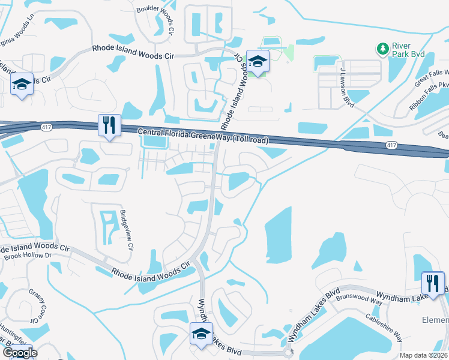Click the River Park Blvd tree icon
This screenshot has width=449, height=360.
(381, 48)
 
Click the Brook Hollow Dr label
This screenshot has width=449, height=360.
(28, 256)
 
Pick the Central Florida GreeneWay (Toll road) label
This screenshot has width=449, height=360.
(203, 136)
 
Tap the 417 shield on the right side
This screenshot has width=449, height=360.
(391, 146)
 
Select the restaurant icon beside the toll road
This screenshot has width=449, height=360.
(109, 125)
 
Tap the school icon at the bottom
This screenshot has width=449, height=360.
(202, 334)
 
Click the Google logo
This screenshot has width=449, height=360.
(20, 353)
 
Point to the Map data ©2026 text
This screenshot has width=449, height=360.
(424, 355)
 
